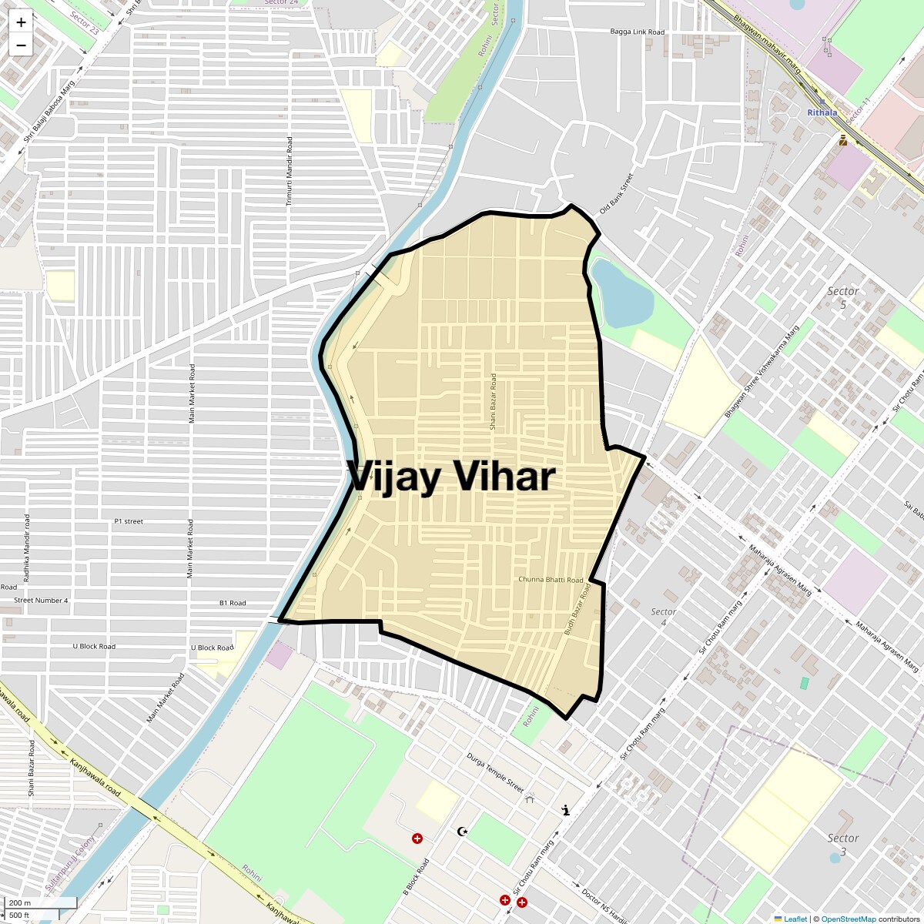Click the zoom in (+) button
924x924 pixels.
tap(21, 22)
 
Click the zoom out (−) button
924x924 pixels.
tap(21, 45)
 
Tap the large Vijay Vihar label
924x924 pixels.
tap(450, 477)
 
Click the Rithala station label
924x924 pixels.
tap(822, 112)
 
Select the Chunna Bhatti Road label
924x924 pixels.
tap(551, 579)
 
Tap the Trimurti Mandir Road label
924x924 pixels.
tap(290, 172)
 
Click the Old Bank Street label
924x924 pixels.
tap(615, 193)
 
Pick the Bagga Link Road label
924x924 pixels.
tap(637, 32)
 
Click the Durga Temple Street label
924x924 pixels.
tap(495, 772)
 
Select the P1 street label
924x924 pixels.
tap(129, 521)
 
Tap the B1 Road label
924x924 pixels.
tap(233, 603)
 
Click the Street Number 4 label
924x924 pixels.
tap(41, 601)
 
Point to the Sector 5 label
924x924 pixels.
tap(842, 298)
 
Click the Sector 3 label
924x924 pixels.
tap(842, 845)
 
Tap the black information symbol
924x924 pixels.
tap(567, 810)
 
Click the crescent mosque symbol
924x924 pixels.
tap(462, 832)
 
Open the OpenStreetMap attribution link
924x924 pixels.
tap(848, 919)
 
